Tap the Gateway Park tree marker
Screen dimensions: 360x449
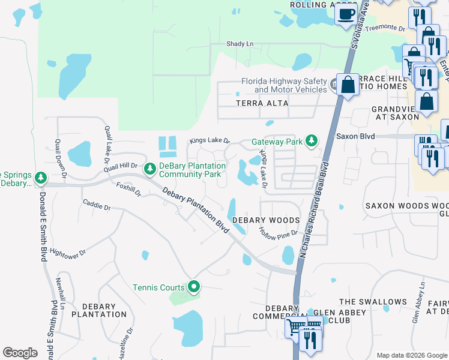coord(311,140)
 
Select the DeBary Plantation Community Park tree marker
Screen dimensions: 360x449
coord(149,171)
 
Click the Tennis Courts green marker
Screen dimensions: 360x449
coord(193,288)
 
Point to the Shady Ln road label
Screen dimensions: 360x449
coord(240,44)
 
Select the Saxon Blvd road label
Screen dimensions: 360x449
coord(355,137)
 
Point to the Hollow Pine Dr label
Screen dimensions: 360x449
coord(278,233)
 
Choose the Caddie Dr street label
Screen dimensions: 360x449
coord(97,208)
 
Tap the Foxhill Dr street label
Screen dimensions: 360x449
coord(128,190)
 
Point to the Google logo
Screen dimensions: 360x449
coord(20,353)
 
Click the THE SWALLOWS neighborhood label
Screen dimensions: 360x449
coord(373,302)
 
